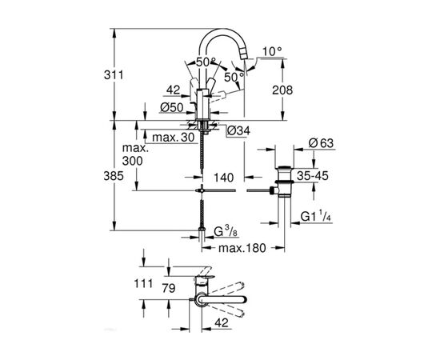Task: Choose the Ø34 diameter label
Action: pyautogui.click(x=240, y=130)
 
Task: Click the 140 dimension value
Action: pyautogui.click(x=224, y=176)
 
